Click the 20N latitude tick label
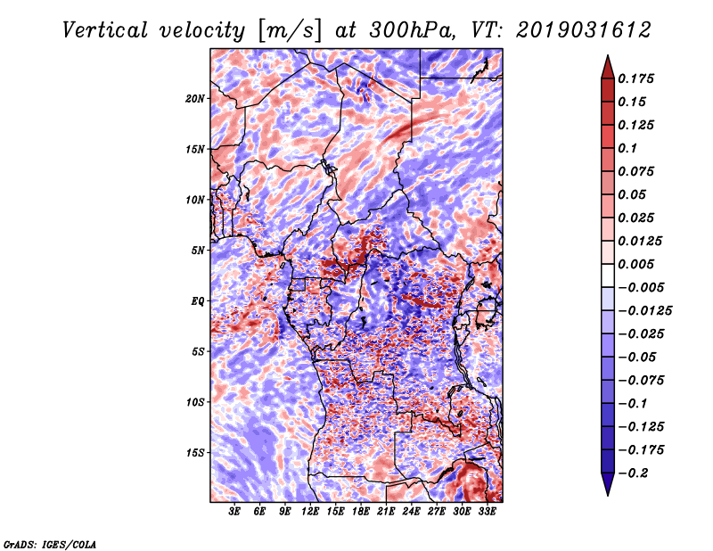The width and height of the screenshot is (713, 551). pos(195,99)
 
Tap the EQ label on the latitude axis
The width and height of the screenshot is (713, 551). pos(197,301)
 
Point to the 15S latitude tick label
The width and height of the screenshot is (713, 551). pos(195,453)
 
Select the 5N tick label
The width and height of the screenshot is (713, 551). pos(198,251)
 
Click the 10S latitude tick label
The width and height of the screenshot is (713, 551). pos(195,402)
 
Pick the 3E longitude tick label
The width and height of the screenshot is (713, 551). pos(234,512)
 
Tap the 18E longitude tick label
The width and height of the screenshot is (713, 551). pos(361,512)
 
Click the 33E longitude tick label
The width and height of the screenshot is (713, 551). pos(487,512)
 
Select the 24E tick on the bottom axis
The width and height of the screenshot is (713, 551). pos(411,512)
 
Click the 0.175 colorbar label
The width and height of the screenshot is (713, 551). pos(635,78)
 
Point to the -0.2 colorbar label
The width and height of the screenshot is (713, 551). pos(633,473)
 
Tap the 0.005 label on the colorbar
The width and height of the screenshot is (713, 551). pos(635,264)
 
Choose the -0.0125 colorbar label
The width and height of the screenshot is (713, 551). pos(644,311)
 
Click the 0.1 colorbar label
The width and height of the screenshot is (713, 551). pos(627,148)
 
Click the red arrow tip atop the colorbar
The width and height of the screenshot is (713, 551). pos(608,55)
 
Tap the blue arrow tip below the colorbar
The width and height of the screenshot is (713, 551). pos(608,495)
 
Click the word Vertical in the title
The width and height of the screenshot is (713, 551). pos(105,30)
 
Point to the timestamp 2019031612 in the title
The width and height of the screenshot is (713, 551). pos(584,30)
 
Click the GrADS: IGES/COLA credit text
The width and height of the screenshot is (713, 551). pos(50,545)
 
